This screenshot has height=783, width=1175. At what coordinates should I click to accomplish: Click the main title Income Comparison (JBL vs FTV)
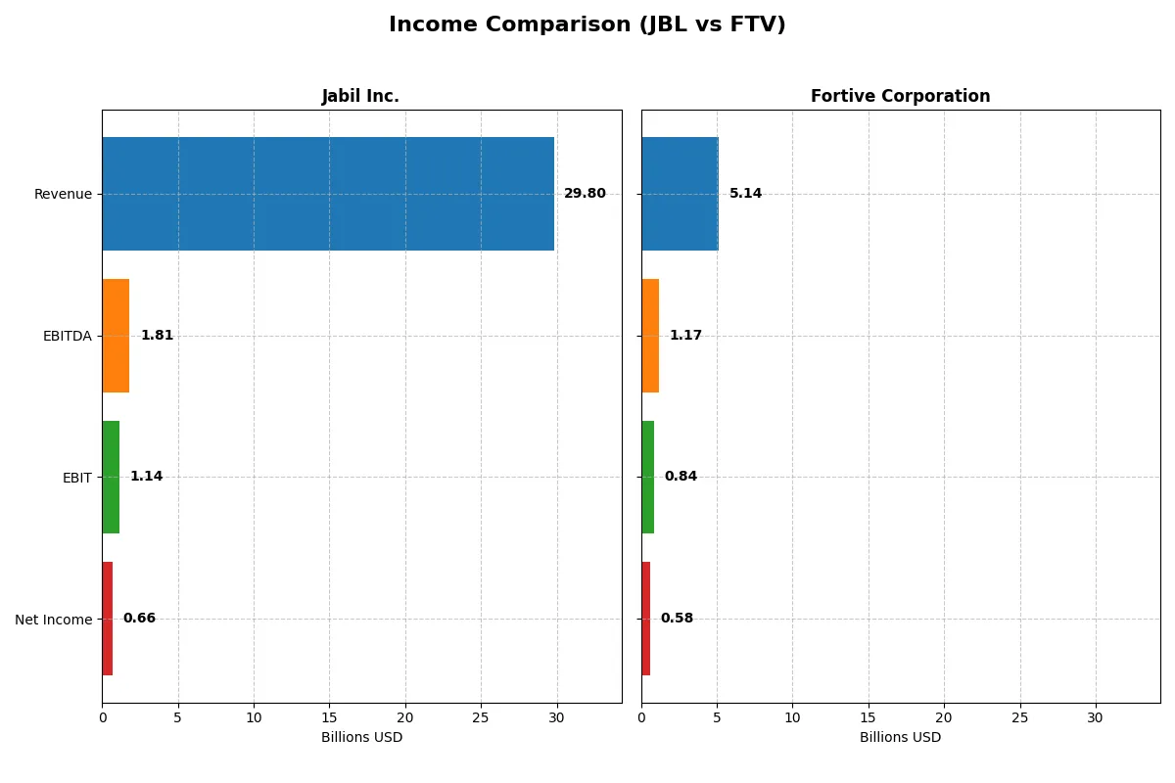[x=587, y=24]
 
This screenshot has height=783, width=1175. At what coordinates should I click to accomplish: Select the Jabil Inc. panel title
[x=360, y=96]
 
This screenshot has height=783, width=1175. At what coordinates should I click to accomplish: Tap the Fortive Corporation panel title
[x=900, y=96]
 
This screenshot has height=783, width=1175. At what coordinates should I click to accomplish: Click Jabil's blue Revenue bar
[x=328, y=194]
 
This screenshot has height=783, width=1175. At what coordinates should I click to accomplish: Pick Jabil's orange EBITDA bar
[x=116, y=336]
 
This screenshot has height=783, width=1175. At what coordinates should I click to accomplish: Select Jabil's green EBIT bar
[x=111, y=477]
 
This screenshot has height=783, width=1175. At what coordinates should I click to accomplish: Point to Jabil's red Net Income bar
[x=108, y=619]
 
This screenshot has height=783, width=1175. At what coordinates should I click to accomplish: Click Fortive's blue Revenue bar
[x=680, y=194]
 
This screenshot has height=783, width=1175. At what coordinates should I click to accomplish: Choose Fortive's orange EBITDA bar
[x=650, y=336]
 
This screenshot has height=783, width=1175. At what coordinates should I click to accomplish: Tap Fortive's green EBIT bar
[x=648, y=477]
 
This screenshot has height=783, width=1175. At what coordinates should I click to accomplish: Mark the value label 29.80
[x=585, y=194]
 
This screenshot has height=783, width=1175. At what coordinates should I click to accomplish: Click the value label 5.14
[x=745, y=194]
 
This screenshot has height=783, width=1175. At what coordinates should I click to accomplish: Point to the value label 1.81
[x=157, y=336]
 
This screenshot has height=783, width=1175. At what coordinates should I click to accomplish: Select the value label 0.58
[x=677, y=619]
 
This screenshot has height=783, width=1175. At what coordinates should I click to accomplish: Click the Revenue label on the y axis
[x=63, y=194]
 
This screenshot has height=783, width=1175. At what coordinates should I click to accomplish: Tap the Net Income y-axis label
[x=53, y=620]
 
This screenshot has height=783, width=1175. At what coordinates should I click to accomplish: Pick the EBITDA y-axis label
[x=67, y=336]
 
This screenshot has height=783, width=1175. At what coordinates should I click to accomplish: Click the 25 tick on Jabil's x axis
[x=481, y=717]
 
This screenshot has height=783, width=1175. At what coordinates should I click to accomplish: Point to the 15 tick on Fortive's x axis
[x=869, y=717]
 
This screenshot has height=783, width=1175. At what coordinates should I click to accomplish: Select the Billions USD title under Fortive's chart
[x=900, y=737]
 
